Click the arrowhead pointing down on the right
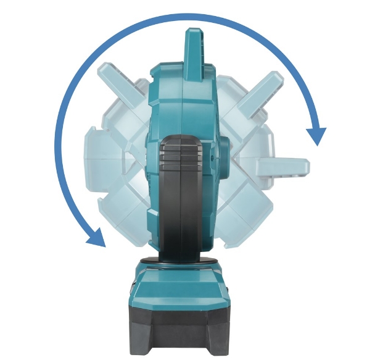tap(316, 135)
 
